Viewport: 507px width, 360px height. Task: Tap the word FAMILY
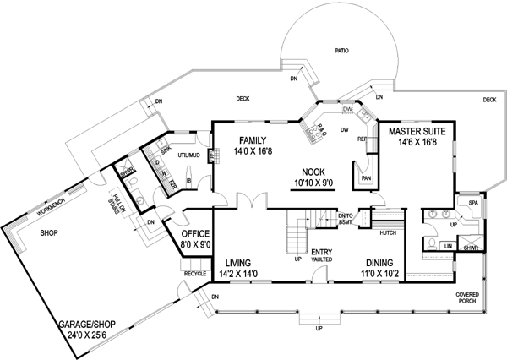(x=253, y=140)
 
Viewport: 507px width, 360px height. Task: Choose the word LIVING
(x=237, y=264)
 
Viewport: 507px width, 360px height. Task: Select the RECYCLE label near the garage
(x=195, y=275)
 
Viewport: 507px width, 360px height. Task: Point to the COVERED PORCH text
(x=469, y=298)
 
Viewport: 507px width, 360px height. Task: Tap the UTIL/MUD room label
(x=188, y=156)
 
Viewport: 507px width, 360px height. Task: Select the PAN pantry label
(x=366, y=178)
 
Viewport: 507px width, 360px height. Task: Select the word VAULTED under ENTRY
(x=321, y=260)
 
